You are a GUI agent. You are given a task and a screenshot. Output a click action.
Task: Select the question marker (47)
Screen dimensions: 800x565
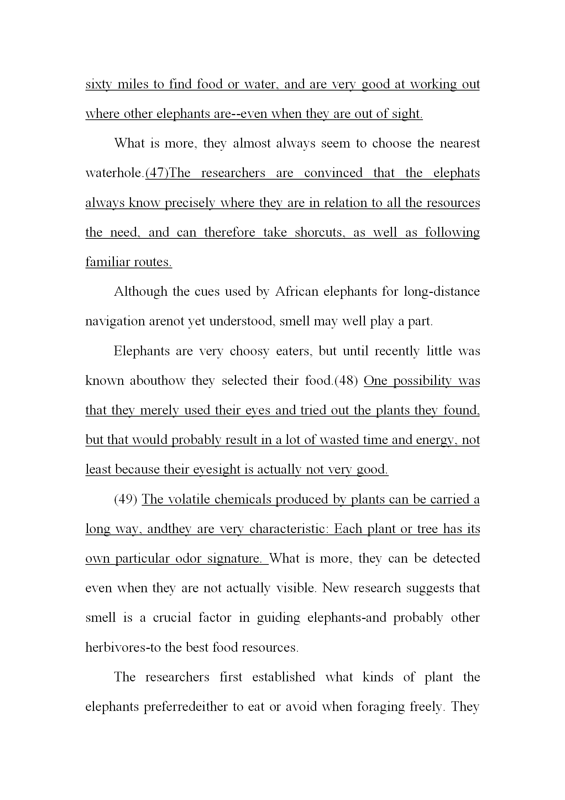(157, 174)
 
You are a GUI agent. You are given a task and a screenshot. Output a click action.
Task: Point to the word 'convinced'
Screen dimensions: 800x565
(333, 174)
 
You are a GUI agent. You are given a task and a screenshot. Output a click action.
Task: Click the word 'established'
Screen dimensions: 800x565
(284, 677)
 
